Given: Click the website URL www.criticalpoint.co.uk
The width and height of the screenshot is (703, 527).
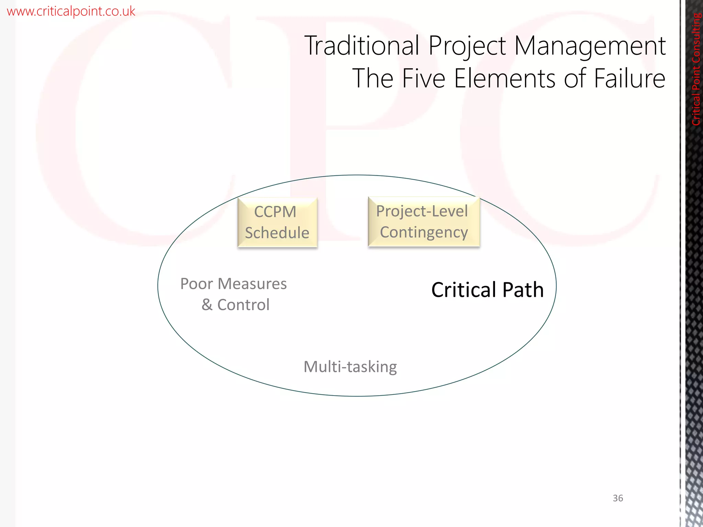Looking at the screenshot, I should tap(71, 11).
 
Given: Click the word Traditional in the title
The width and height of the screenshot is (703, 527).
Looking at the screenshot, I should tap(362, 45).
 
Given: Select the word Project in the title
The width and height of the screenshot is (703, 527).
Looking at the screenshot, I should tap(467, 46).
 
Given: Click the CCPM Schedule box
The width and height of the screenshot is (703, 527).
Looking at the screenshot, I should tap(277, 222).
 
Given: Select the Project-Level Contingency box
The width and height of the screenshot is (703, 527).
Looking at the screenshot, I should tap(424, 222).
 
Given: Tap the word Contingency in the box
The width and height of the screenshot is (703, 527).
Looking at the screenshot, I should tap(424, 233).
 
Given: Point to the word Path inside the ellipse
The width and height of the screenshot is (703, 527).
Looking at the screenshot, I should tap(523, 290).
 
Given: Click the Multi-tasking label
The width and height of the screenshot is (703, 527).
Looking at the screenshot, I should tap(350, 367).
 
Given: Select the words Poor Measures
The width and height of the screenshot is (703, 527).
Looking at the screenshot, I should tap(233, 284).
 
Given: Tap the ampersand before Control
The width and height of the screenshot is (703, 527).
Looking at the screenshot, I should tap(207, 305).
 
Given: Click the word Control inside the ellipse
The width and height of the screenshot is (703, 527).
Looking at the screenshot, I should tap(243, 305).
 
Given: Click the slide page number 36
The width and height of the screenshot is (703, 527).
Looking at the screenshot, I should tap(618, 498).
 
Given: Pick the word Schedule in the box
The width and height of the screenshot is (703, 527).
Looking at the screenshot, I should tap(277, 233).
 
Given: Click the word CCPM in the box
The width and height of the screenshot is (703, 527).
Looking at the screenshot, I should tap(275, 212).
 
